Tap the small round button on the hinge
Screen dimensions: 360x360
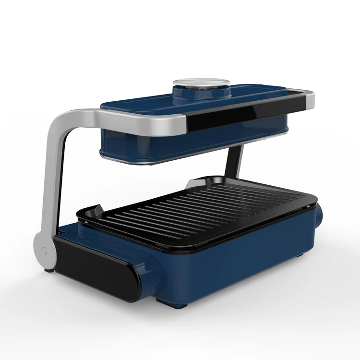(x=44, y=250)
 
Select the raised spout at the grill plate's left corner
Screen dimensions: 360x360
(x=94, y=210)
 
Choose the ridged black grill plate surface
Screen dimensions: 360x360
(x=202, y=206)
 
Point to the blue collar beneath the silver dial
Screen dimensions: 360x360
(x=202, y=92)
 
